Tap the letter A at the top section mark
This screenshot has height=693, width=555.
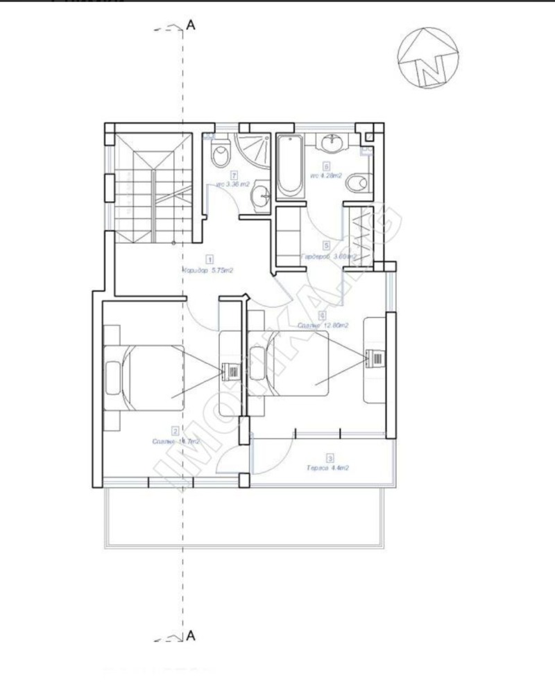click(x=190, y=26)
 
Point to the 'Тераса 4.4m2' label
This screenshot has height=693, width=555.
click(x=327, y=468)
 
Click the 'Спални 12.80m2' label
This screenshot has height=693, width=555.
click(x=322, y=324)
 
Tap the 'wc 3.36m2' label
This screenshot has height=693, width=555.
click(x=228, y=184)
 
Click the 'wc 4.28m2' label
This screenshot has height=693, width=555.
click(x=327, y=177)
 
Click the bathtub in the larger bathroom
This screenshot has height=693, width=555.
click(x=289, y=166)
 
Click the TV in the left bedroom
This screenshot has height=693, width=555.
click(x=228, y=372)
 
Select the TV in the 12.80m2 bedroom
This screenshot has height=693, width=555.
click(x=373, y=358)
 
